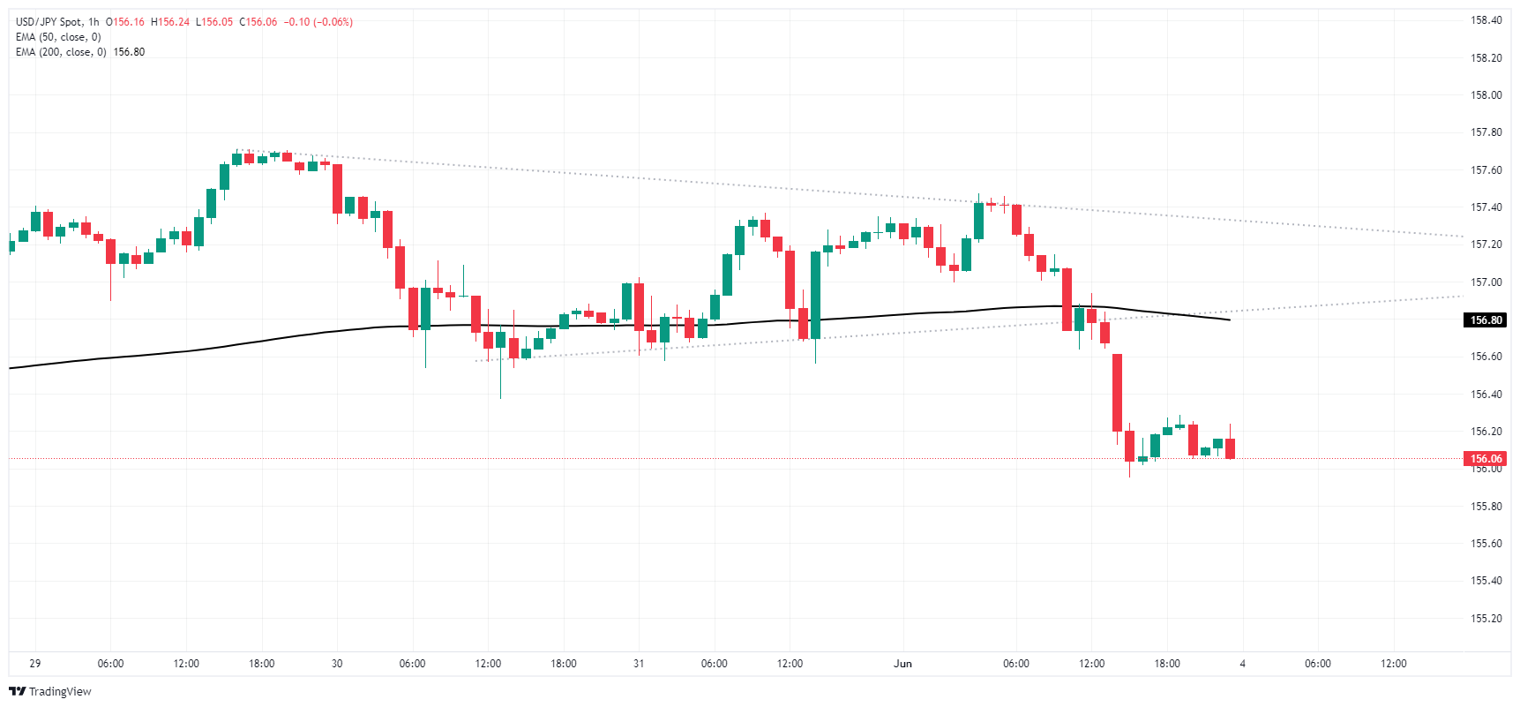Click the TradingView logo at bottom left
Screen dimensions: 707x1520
coord(50,691)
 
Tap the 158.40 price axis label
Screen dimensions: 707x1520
coord(1486,20)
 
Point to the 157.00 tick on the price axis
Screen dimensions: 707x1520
coord(1486,282)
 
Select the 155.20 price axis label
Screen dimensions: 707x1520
coord(1486,619)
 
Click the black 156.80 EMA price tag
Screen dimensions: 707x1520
coord(1486,320)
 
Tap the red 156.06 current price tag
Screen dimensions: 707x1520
coord(1486,459)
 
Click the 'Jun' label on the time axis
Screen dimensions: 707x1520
coord(902,664)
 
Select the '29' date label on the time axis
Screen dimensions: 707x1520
coord(35,664)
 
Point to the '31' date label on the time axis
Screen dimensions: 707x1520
coord(639,664)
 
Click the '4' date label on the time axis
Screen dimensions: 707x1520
coord(1242,664)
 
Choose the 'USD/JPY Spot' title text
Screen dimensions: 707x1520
coord(49,22)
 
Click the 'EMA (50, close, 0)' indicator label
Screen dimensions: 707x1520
coord(58,37)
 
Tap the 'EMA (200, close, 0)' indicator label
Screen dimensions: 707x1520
coord(61,52)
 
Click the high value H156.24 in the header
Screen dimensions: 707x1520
coord(171,22)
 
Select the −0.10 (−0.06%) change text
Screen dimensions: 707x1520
coord(318,22)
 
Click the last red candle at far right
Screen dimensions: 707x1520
coord(1230,448)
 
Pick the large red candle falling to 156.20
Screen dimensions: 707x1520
coord(1117,392)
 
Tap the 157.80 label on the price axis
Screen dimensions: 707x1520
coord(1486,132)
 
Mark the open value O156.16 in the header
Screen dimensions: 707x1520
coord(125,22)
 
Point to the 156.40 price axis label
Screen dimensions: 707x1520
coord(1486,395)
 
